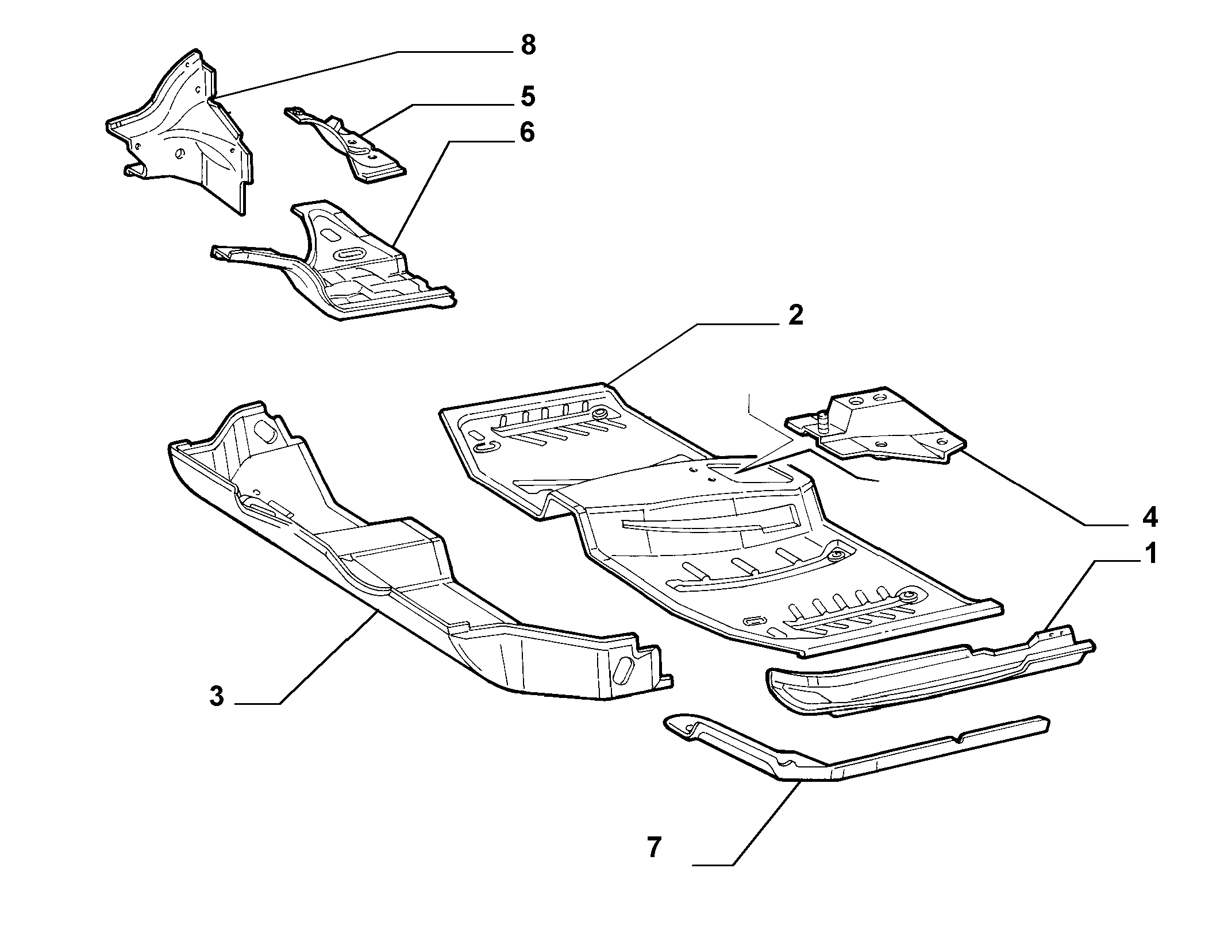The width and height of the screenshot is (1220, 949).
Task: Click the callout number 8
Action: coord(528,45)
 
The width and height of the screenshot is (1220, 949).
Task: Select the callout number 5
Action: coord(528,96)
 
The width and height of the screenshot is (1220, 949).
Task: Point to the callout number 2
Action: coord(795,315)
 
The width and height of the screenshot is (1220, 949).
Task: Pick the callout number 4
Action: coord(1149,518)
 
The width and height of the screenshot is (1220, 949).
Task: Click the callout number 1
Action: coord(1150,555)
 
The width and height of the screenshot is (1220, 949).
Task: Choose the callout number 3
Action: coord(216,697)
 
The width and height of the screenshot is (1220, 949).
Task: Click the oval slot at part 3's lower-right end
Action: coord(625,670)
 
